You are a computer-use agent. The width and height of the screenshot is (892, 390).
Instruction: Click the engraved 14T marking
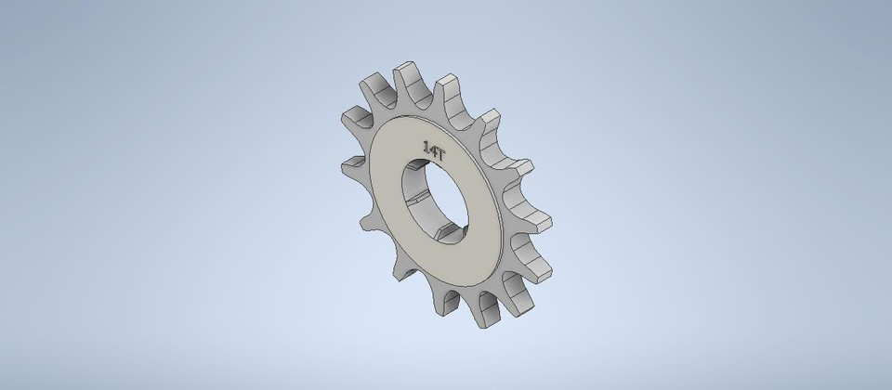pyautogui.click(x=434, y=149)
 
